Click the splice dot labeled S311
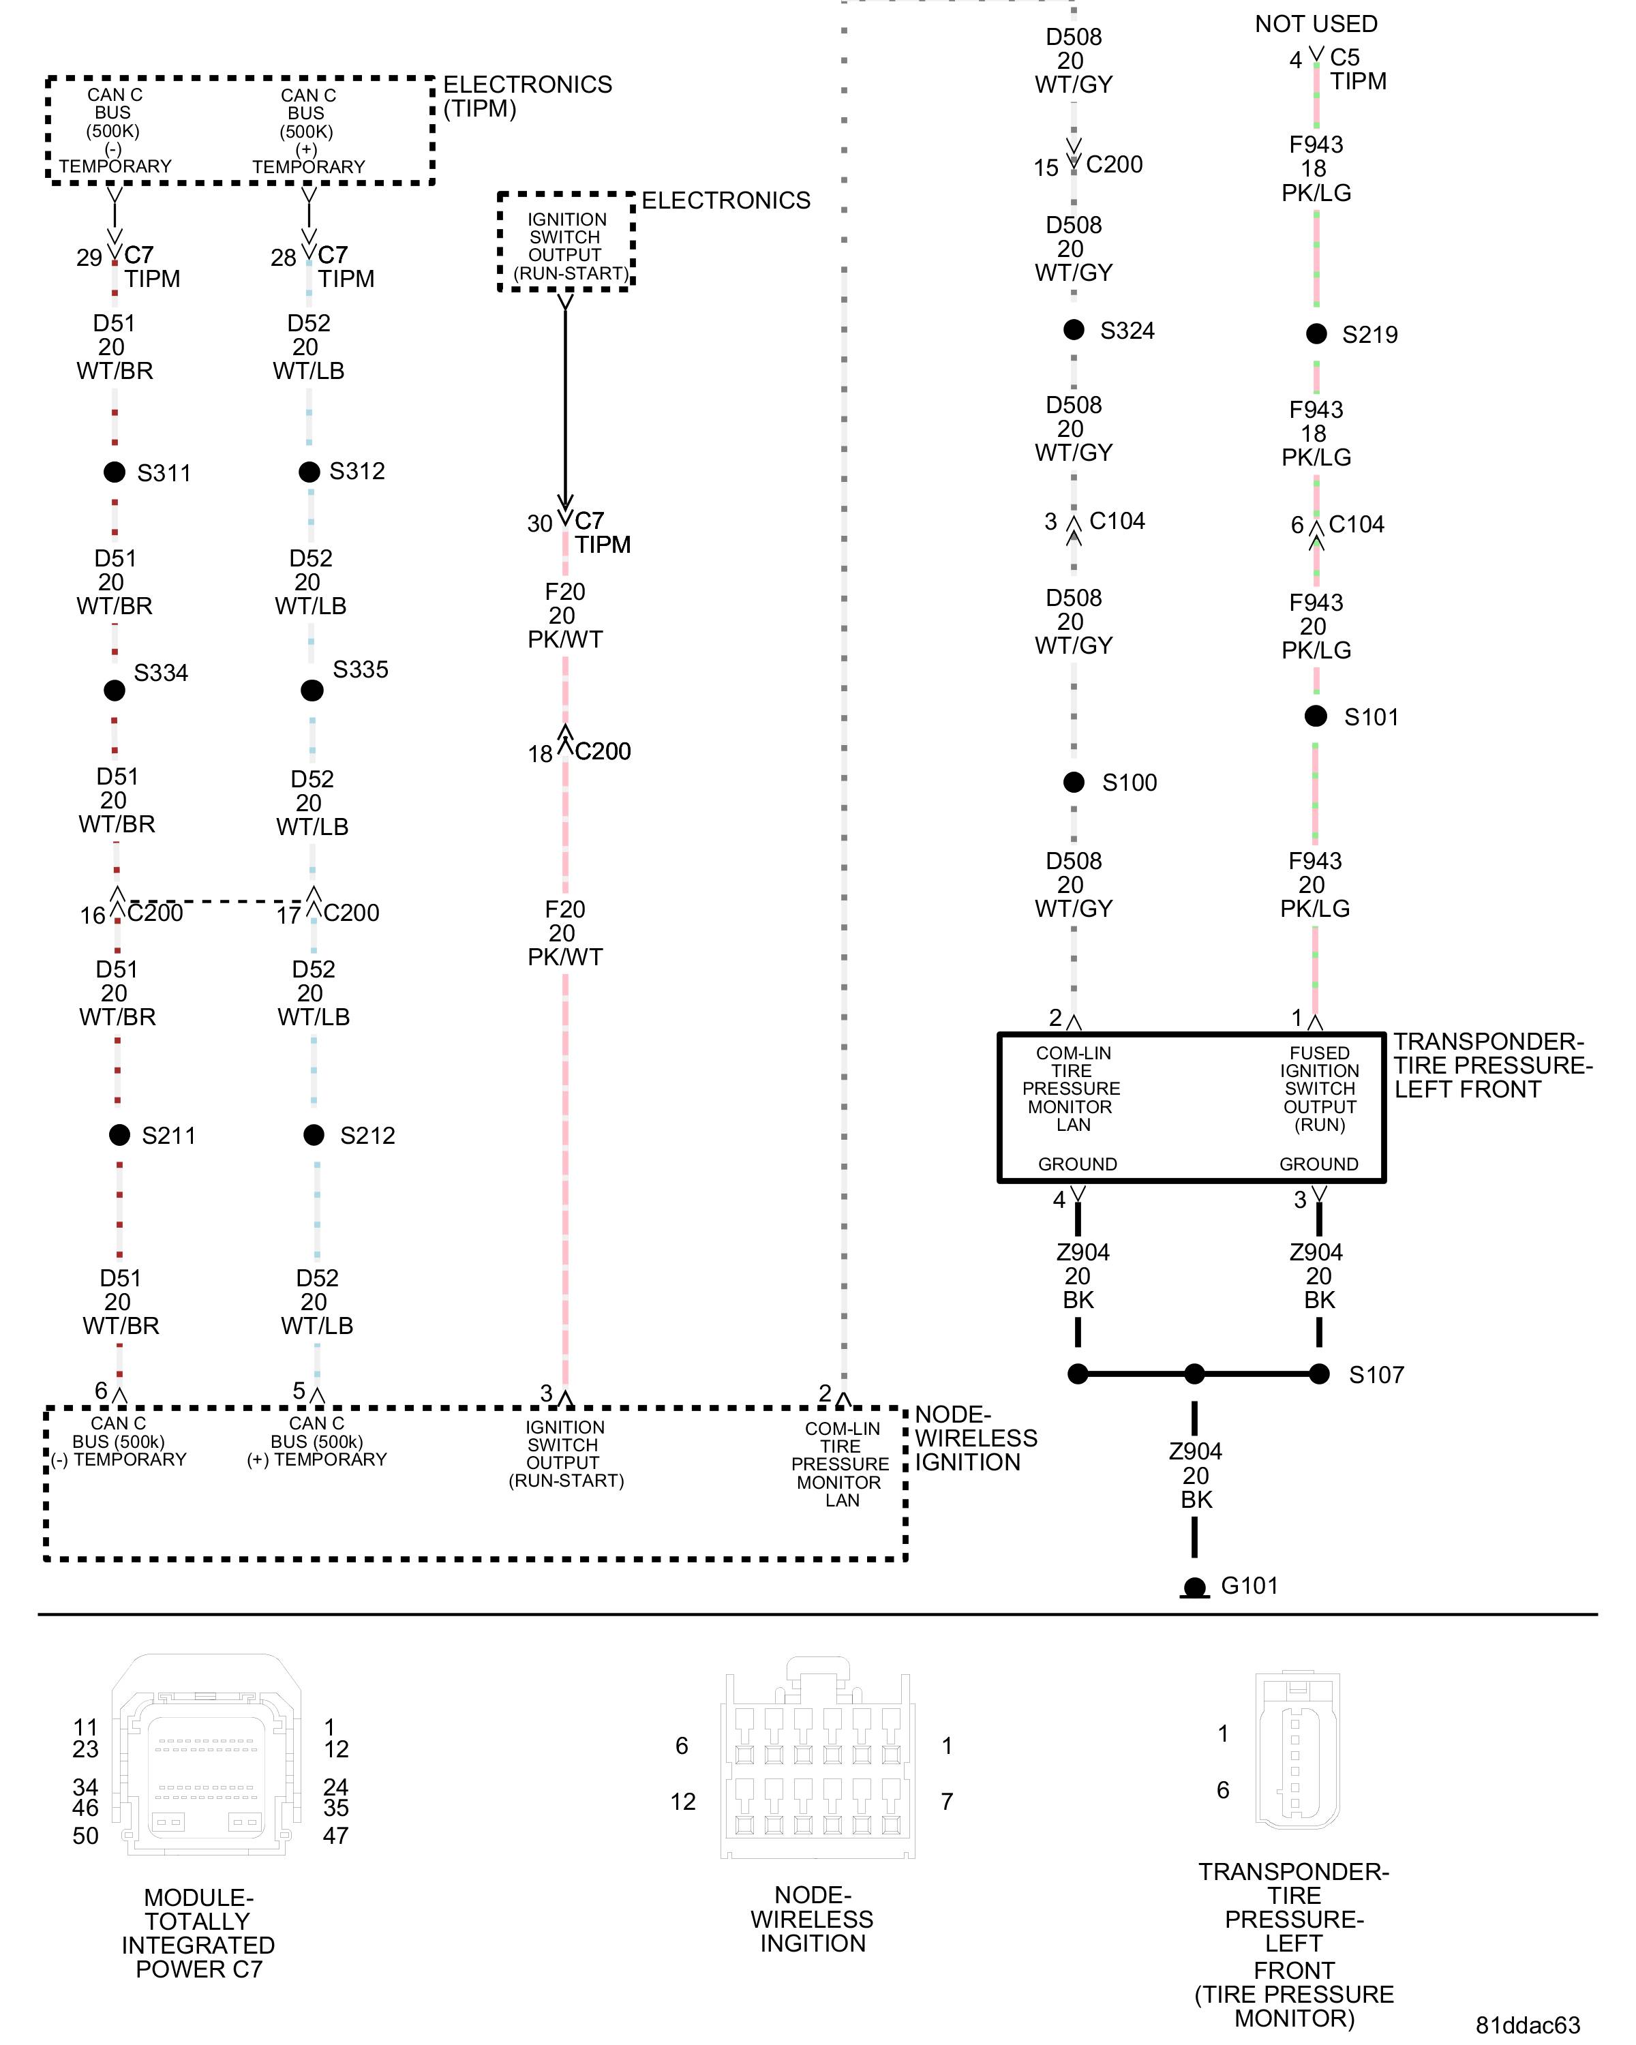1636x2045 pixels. coord(115,472)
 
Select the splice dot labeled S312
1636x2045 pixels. coord(309,472)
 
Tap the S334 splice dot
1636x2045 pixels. coord(115,691)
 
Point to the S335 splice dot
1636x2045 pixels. coord(312,690)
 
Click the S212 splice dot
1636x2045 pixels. coord(314,1134)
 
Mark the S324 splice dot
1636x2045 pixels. coord(1074,329)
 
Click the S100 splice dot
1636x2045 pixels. coord(1074,783)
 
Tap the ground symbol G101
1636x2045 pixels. coord(1195,1587)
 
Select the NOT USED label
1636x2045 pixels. coord(1316,24)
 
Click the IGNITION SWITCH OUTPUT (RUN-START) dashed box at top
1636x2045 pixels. coord(566,243)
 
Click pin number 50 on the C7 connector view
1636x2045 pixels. coord(85,1835)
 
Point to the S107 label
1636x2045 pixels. coord(1376,1374)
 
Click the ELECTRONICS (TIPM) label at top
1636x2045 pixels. coord(528,97)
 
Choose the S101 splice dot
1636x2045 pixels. coord(1316,716)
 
